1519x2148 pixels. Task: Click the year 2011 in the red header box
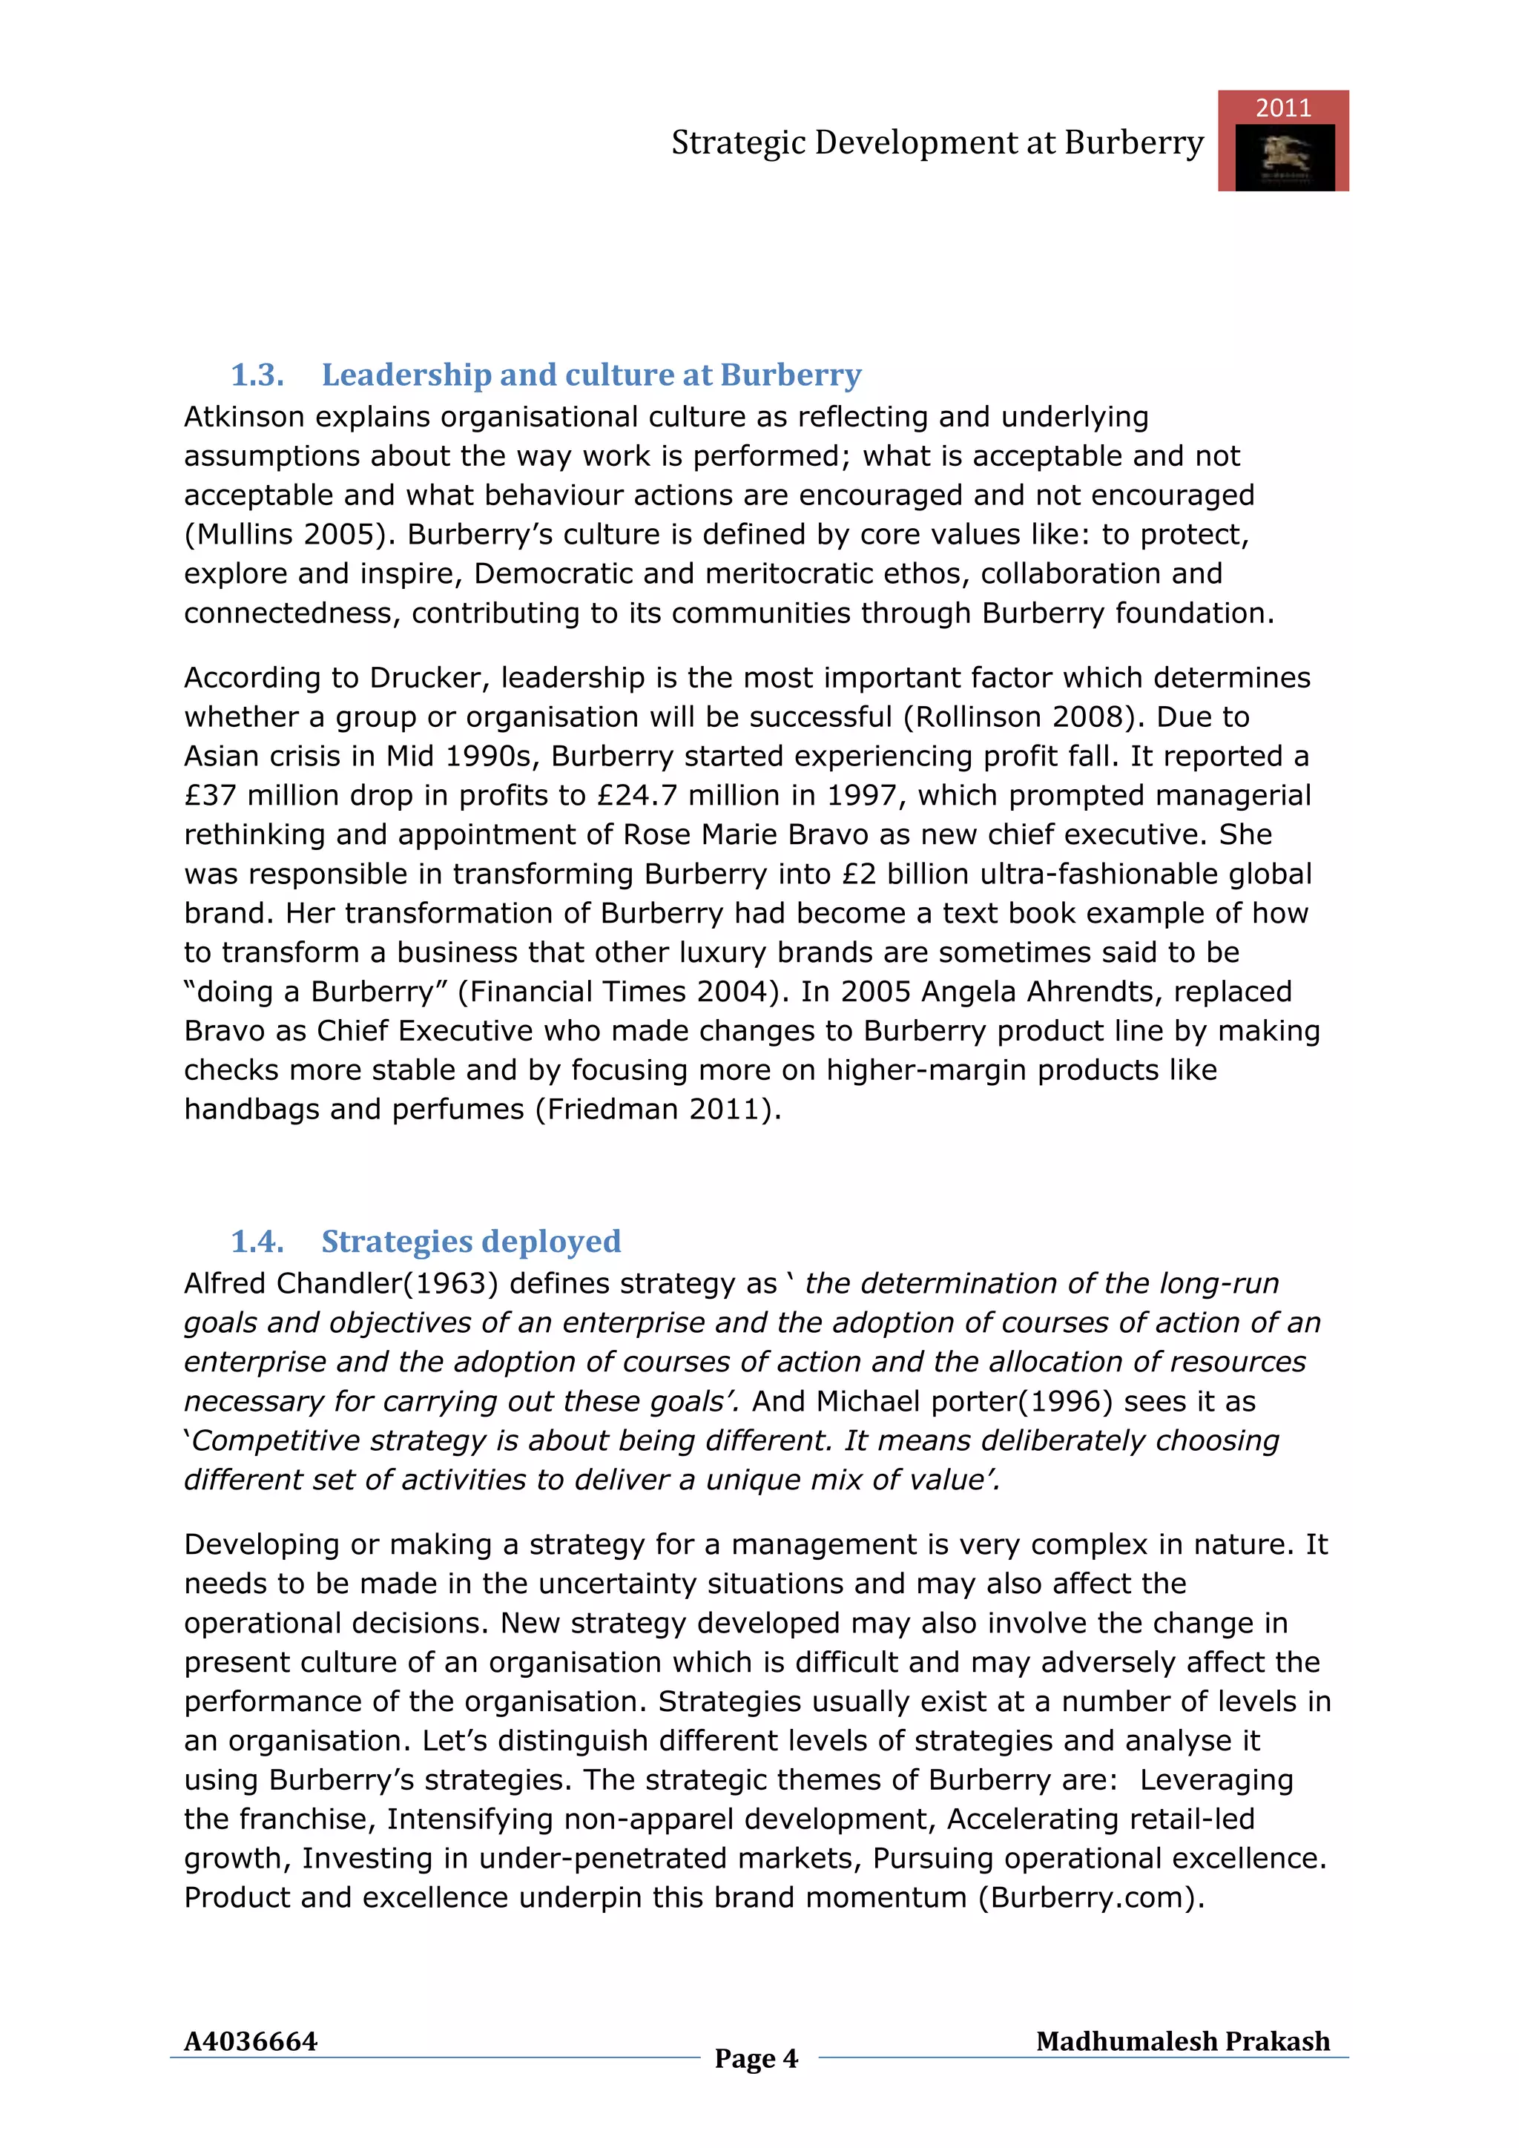click(1282, 108)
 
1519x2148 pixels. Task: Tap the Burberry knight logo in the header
click(1284, 157)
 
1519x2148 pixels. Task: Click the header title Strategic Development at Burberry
click(938, 143)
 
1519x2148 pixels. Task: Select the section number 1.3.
click(257, 375)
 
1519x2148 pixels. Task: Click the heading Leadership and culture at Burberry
click(591, 375)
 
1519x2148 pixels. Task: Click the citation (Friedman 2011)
click(658, 1110)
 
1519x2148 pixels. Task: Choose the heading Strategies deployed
click(470, 1242)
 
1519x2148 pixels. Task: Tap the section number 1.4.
click(257, 1242)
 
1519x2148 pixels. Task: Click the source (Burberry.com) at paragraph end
click(1092, 1897)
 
